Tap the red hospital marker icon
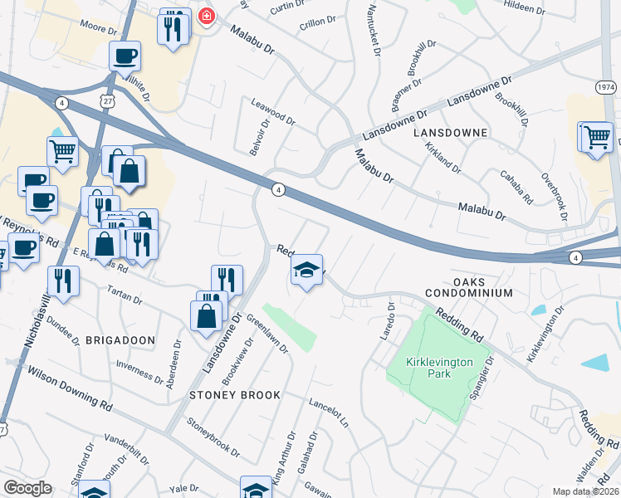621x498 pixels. [206, 17]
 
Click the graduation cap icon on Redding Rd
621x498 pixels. [307, 270]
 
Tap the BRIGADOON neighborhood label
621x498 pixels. [120, 340]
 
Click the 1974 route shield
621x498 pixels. [607, 86]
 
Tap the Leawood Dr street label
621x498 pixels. [273, 110]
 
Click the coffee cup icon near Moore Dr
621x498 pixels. [125, 56]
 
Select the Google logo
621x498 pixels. [27, 488]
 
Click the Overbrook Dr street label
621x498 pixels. [554, 196]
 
